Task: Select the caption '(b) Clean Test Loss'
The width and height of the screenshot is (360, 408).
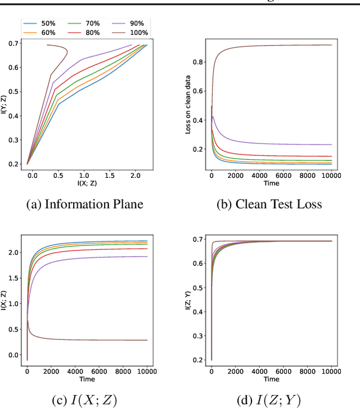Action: point(269,204)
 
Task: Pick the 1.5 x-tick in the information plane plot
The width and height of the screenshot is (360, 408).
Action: point(109,176)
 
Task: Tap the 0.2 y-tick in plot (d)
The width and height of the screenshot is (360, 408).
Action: point(198,360)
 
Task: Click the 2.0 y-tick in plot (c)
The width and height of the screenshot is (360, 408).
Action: point(14,253)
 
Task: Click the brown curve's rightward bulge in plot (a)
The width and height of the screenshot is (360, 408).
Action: point(67,53)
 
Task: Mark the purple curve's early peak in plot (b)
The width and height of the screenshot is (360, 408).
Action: point(213,116)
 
